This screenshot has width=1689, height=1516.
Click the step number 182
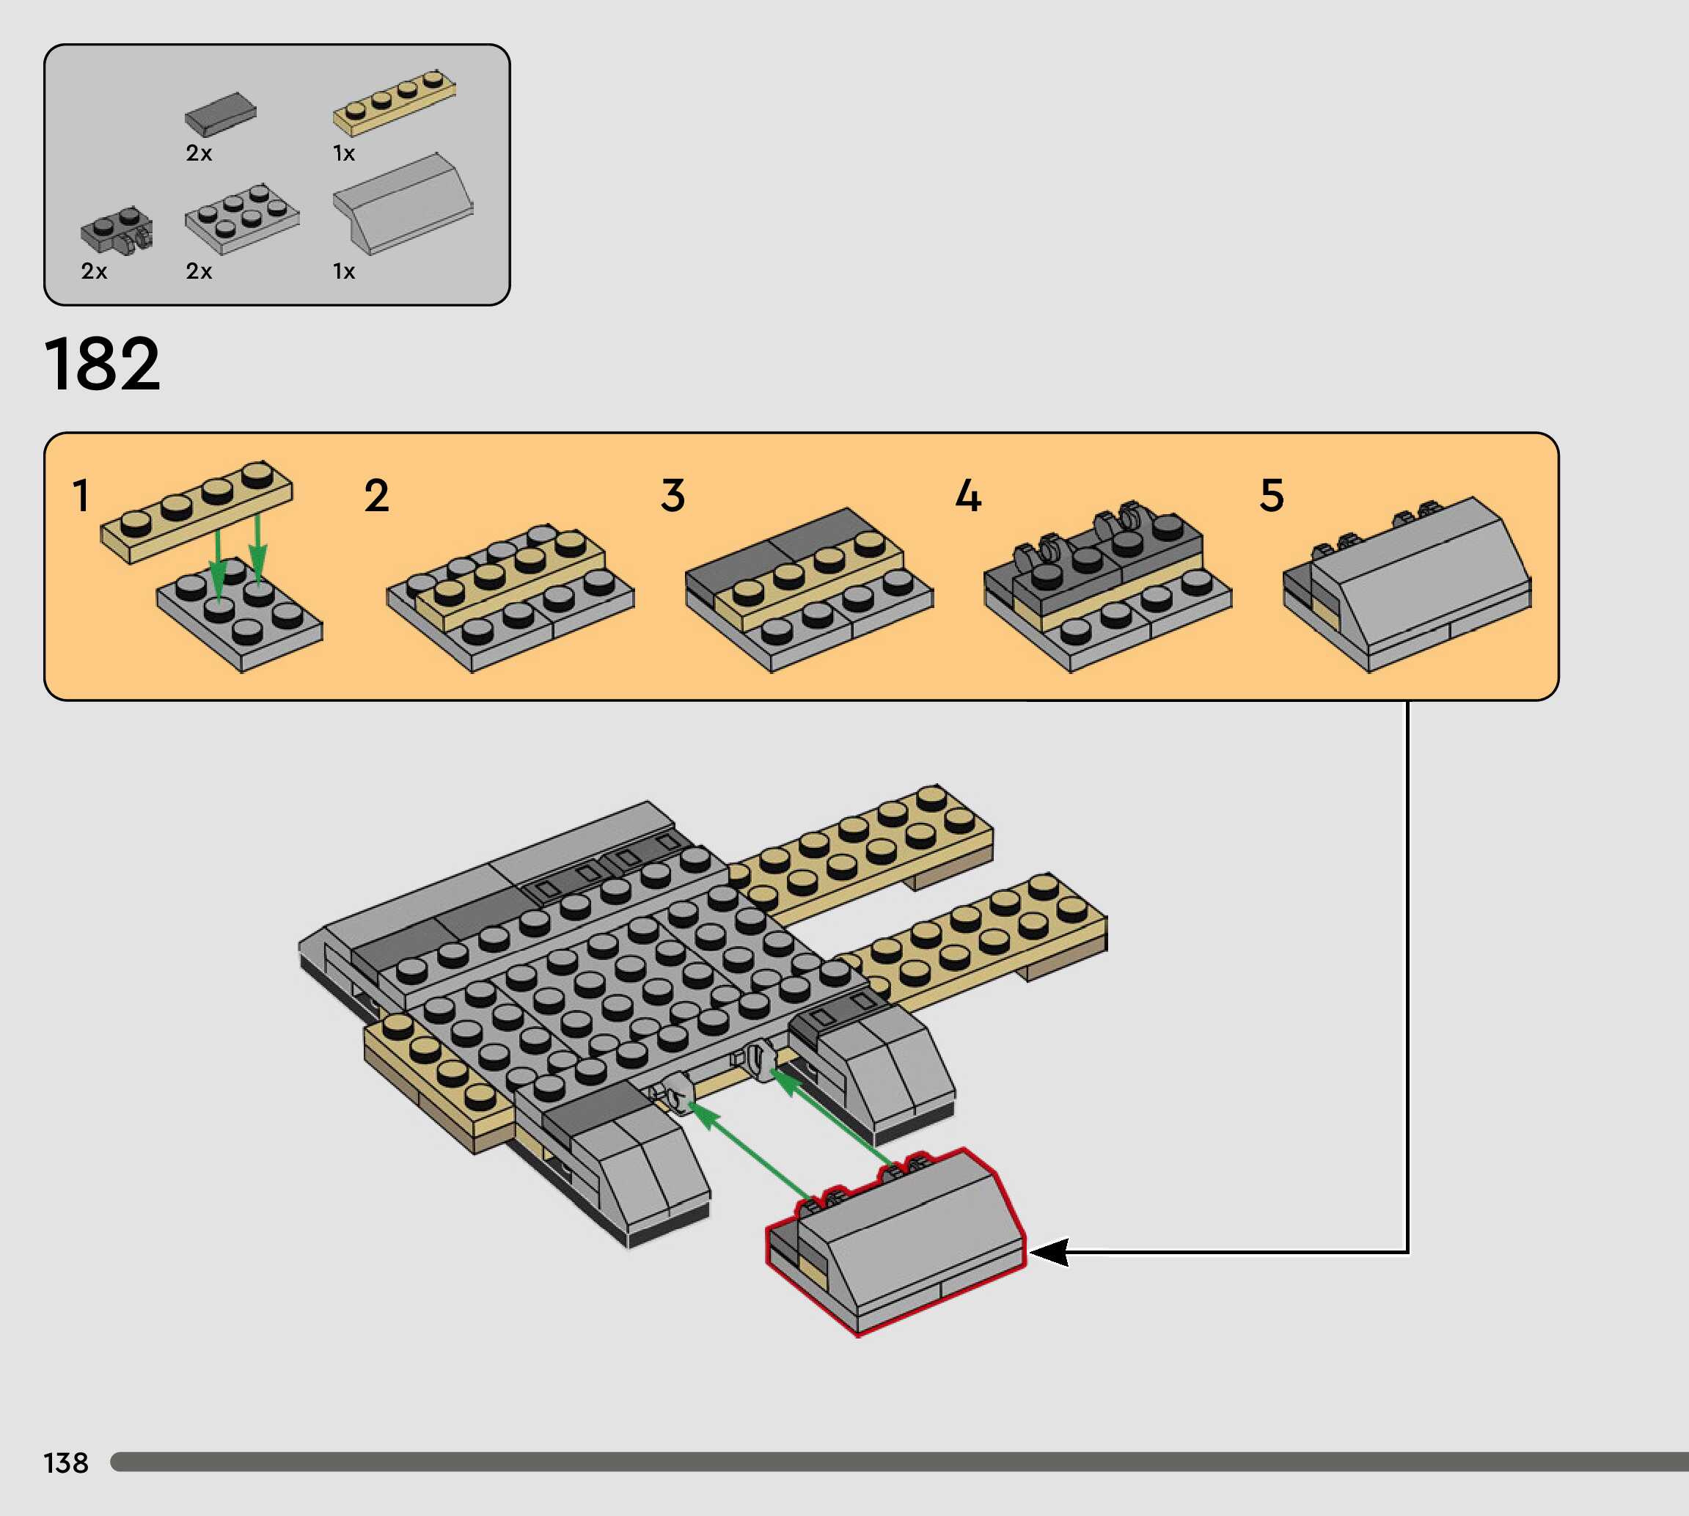click(102, 364)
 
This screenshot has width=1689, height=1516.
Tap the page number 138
click(66, 1462)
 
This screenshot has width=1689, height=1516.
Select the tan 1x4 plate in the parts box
click(394, 103)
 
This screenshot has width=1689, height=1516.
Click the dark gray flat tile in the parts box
click(221, 114)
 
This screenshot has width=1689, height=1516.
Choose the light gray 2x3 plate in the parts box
click(241, 219)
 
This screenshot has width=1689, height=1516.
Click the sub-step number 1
click(81, 496)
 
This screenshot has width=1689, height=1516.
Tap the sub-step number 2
click(376, 496)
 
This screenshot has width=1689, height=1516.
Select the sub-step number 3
click(673, 496)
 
